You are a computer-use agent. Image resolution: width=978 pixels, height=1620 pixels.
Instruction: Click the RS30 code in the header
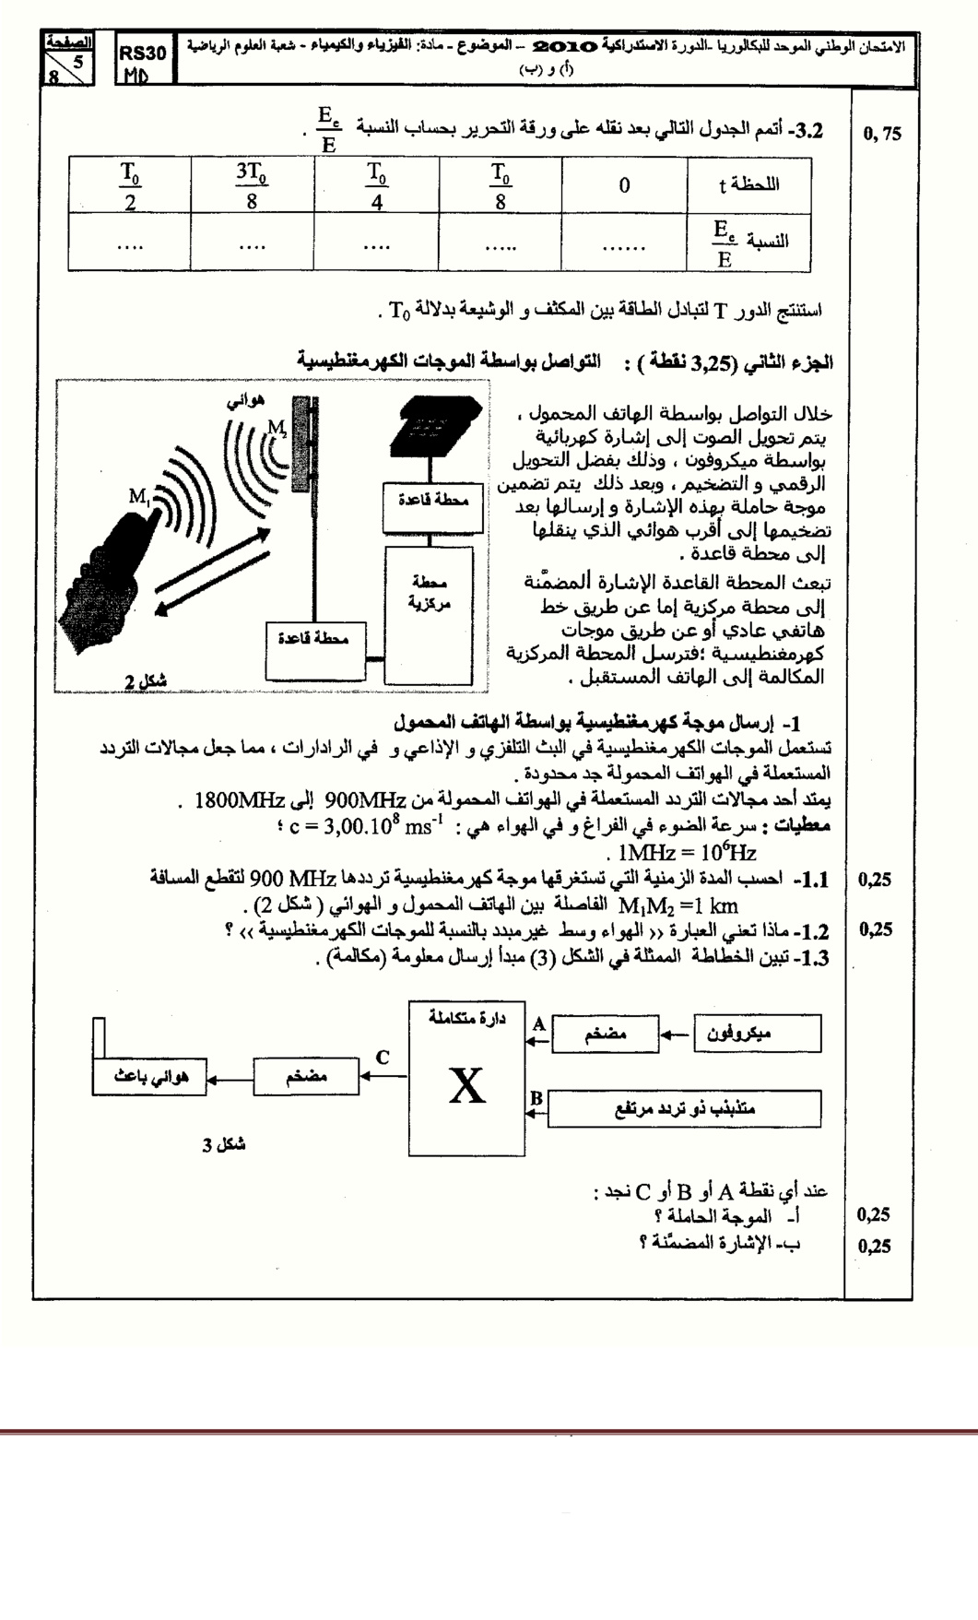(142, 53)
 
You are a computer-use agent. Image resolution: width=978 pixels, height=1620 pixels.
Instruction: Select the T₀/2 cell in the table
(130, 186)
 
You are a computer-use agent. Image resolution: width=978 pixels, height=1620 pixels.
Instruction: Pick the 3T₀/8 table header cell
(252, 186)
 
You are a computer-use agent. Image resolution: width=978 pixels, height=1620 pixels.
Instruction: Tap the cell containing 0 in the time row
(624, 186)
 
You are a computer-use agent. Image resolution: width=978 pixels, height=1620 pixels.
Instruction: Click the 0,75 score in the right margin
(882, 133)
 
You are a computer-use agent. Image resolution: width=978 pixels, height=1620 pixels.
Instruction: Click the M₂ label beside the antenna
(277, 426)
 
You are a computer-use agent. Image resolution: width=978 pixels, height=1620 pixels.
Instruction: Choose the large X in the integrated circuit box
(466, 1086)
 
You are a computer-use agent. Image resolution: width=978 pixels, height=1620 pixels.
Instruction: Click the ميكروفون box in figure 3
(757, 1035)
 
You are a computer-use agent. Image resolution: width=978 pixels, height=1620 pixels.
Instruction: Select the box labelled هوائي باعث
(149, 1076)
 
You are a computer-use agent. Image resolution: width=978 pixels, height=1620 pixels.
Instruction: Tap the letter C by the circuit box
(383, 1058)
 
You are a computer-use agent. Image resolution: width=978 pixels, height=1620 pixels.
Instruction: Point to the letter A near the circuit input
(538, 1023)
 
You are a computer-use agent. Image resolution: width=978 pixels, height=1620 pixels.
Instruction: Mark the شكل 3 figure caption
(224, 1144)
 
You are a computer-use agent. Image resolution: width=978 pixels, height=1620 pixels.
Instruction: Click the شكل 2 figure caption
(146, 680)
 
